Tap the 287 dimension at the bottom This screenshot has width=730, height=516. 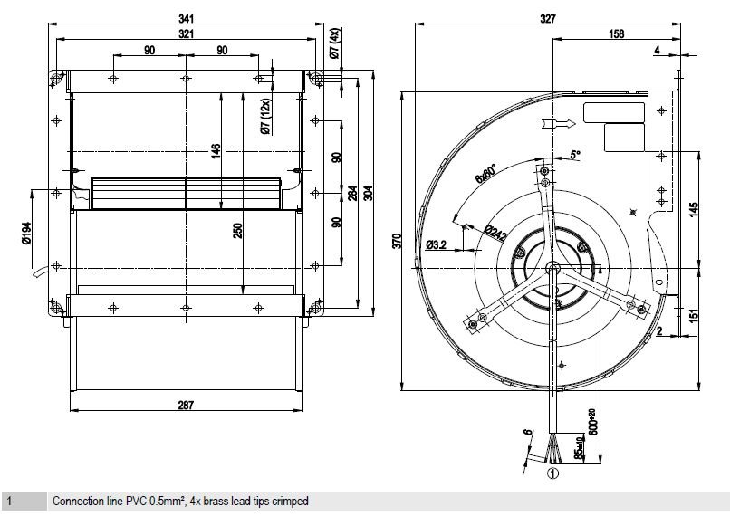(x=185, y=406)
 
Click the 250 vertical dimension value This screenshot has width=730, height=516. (x=237, y=231)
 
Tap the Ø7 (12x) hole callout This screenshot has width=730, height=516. (x=265, y=115)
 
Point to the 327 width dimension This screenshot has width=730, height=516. (x=546, y=18)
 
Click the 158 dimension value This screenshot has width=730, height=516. (x=616, y=34)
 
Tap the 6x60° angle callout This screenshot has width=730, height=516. (x=487, y=171)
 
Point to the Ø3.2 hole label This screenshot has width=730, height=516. (x=437, y=244)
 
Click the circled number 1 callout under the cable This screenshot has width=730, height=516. (x=551, y=471)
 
